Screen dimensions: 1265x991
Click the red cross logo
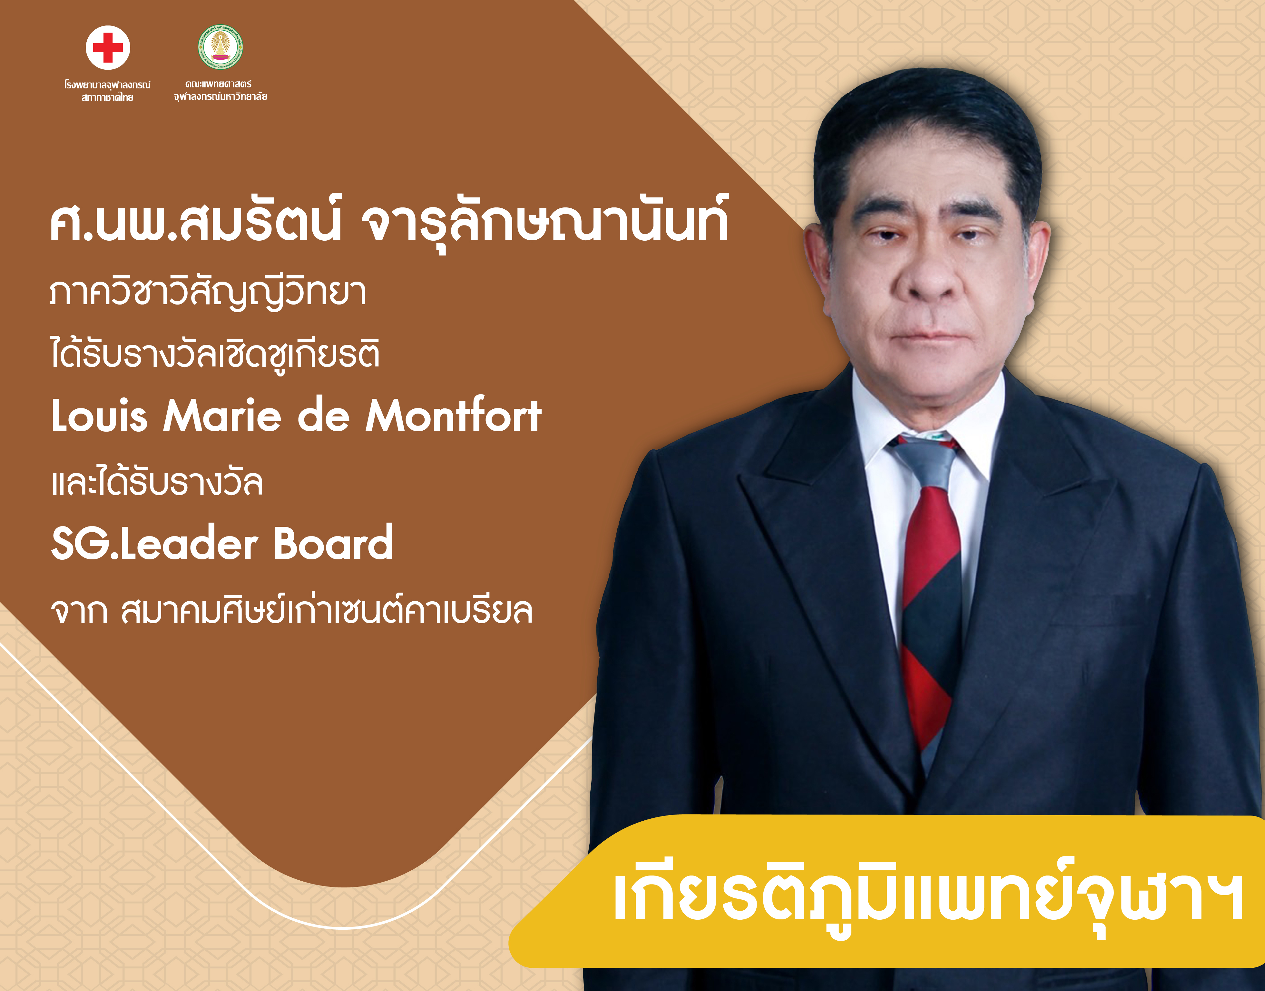pyautogui.click(x=108, y=47)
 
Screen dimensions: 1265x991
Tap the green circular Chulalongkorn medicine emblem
pyautogui.click(x=220, y=47)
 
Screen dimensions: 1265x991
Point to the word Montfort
pyautogui.click(x=453, y=415)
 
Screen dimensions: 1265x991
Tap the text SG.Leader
pyautogui.click(x=154, y=543)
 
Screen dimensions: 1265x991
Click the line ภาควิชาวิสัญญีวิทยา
pyautogui.click(x=208, y=292)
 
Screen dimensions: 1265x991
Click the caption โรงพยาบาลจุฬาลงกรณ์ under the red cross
pyautogui.click(x=107, y=85)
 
